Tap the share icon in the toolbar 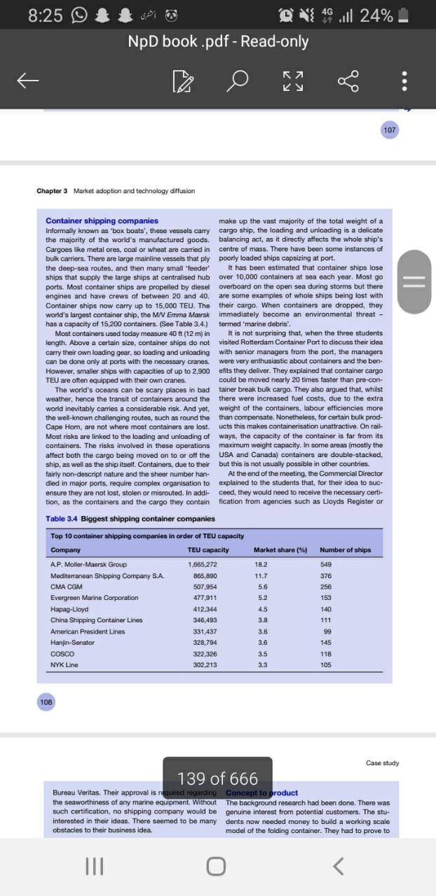coord(348,83)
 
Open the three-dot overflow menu coord(404,83)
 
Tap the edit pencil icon coord(182,83)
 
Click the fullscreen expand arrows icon coord(294,83)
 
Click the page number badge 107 coord(390,129)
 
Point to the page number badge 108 coord(47,701)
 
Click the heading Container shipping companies coord(102,220)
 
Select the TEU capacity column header coord(208,549)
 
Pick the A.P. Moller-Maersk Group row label coord(88,564)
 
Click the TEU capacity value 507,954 coord(205,587)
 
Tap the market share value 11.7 coord(261,575)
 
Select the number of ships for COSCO coord(325,654)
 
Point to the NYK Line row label coord(64,665)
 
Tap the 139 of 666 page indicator coord(218,778)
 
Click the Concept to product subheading coord(261,792)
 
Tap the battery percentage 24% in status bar coord(376,15)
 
